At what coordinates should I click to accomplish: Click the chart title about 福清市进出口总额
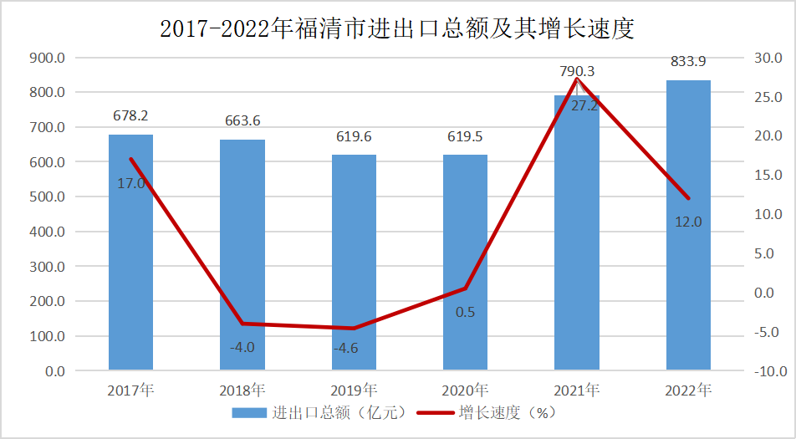(397, 29)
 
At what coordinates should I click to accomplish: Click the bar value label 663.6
(242, 120)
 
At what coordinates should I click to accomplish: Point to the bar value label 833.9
(688, 61)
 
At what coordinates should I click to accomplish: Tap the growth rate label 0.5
(465, 312)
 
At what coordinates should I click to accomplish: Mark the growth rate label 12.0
(689, 222)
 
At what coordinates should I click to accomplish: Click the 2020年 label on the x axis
(466, 390)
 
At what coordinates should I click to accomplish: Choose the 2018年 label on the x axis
(242, 390)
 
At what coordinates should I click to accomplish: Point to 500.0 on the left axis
(47, 197)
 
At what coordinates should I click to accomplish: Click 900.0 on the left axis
(47, 58)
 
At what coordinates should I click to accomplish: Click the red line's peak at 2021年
(577, 79)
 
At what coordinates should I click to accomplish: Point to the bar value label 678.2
(130, 115)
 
